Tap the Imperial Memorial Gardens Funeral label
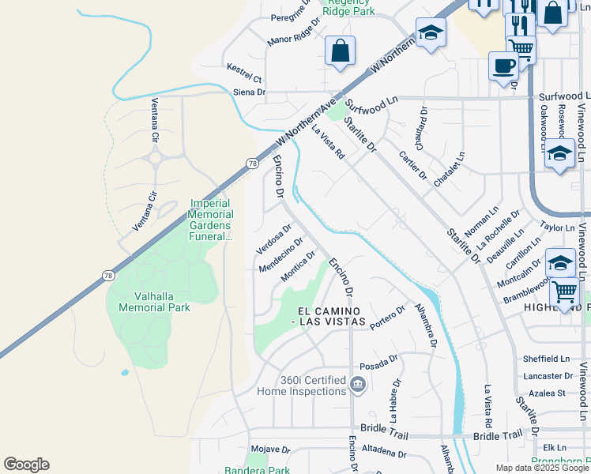211,220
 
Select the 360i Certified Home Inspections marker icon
357,385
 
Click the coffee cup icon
503,66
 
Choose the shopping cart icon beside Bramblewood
565,292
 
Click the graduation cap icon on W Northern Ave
431,32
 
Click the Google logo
26,465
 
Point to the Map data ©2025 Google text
542,468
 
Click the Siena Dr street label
248,92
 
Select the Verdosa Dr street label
269,239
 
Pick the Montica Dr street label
299,265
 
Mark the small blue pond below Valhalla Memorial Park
125,372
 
